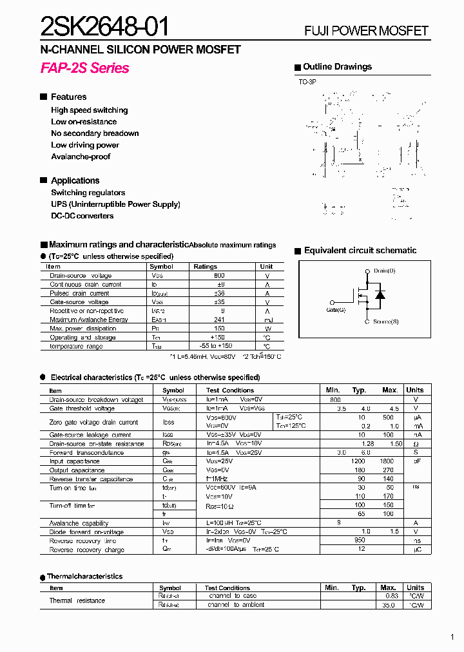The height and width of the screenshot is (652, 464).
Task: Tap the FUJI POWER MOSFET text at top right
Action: pyautogui.click(x=366, y=31)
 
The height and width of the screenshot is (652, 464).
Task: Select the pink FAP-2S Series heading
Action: pyautogui.click(x=84, y=68)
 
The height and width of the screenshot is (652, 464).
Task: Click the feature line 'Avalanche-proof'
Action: pyautogui.click(x=81, y=157)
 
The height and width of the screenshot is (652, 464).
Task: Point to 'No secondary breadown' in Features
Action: pyautogui.click(x=95, y=133)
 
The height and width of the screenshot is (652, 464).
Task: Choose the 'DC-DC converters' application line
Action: pyautogui.click(x=82, y=216)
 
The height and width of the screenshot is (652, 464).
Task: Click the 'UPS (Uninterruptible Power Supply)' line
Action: pyautogui.click(x=115, y=204)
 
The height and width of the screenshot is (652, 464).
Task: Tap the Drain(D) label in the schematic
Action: pyautogui.click(x=384, y=271)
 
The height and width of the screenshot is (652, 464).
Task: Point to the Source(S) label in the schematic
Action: pyautogui.click(x=385, y=321)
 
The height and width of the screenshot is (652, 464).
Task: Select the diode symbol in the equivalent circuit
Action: pyautogui.click(x=380, y=296)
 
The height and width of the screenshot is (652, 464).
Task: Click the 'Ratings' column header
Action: pyautogui.click(x=206, y=266)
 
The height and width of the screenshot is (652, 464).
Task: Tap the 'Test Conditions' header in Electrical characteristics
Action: pyautogui.click(x=230, y=390)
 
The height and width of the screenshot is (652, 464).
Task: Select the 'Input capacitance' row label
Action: pyautogui.click(x=75, y=461)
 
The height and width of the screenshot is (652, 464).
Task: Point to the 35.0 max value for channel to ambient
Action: pyautogui.click(x=388, y=605)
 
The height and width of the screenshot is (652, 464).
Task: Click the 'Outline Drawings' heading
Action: pyautogui.click(x=337, y=67)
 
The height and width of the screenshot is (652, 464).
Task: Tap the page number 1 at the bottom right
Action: pyautogui.click(x=452, y=637)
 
